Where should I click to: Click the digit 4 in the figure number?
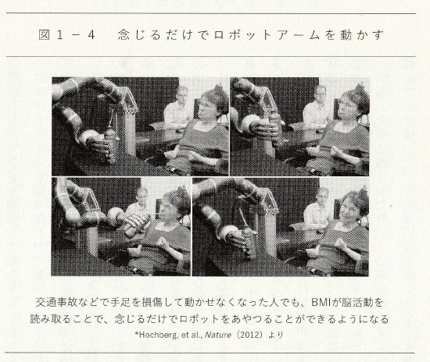[91, 35]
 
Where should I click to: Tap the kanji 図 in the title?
[44, 35]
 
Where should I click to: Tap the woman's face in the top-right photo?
[347, 105]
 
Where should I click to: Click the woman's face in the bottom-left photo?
[169, 208]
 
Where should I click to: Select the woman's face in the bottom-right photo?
[350, 208]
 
